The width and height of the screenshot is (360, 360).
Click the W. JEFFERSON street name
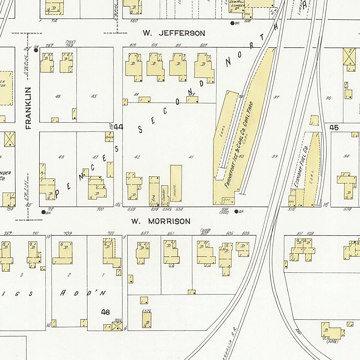click(174, 33)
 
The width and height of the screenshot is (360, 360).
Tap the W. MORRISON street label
click(161, 221)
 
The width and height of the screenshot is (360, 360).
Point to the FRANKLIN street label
click(28, 108)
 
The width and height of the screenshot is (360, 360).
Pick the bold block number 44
click(118, 127)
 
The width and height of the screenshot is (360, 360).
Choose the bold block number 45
click(334, 127)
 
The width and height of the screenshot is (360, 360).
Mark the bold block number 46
click(105, 312)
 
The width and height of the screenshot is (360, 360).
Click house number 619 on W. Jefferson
click(133, 45)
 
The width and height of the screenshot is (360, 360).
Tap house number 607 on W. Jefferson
click(203, 45)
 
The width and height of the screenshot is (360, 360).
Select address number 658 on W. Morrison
click(131, 209)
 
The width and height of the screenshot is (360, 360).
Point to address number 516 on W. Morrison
click(291, 209)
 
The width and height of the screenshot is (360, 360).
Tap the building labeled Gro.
click(154, 191)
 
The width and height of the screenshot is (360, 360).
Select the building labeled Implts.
click(176, 183)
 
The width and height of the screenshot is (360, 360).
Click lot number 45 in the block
click(94, 96)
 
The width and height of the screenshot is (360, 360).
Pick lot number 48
click(61, 157)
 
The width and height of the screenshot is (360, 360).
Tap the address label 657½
click(146, 311)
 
